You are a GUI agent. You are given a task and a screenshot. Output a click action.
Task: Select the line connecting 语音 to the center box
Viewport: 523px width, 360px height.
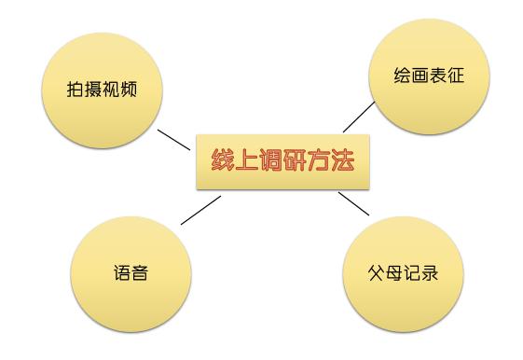click(x=200, y=210)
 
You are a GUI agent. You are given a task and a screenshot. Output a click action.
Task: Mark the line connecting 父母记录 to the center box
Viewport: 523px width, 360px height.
click(x=353, y=204)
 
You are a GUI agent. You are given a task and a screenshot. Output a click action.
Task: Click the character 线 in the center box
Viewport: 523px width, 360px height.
click(x=220, y=159)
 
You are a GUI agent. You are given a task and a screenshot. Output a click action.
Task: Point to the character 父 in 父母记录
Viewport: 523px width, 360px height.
click(x=377, y=275)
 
